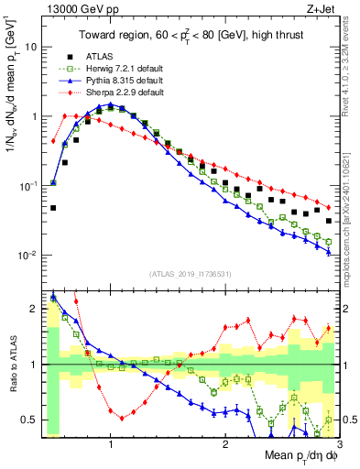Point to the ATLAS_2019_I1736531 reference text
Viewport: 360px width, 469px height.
[191, 274]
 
